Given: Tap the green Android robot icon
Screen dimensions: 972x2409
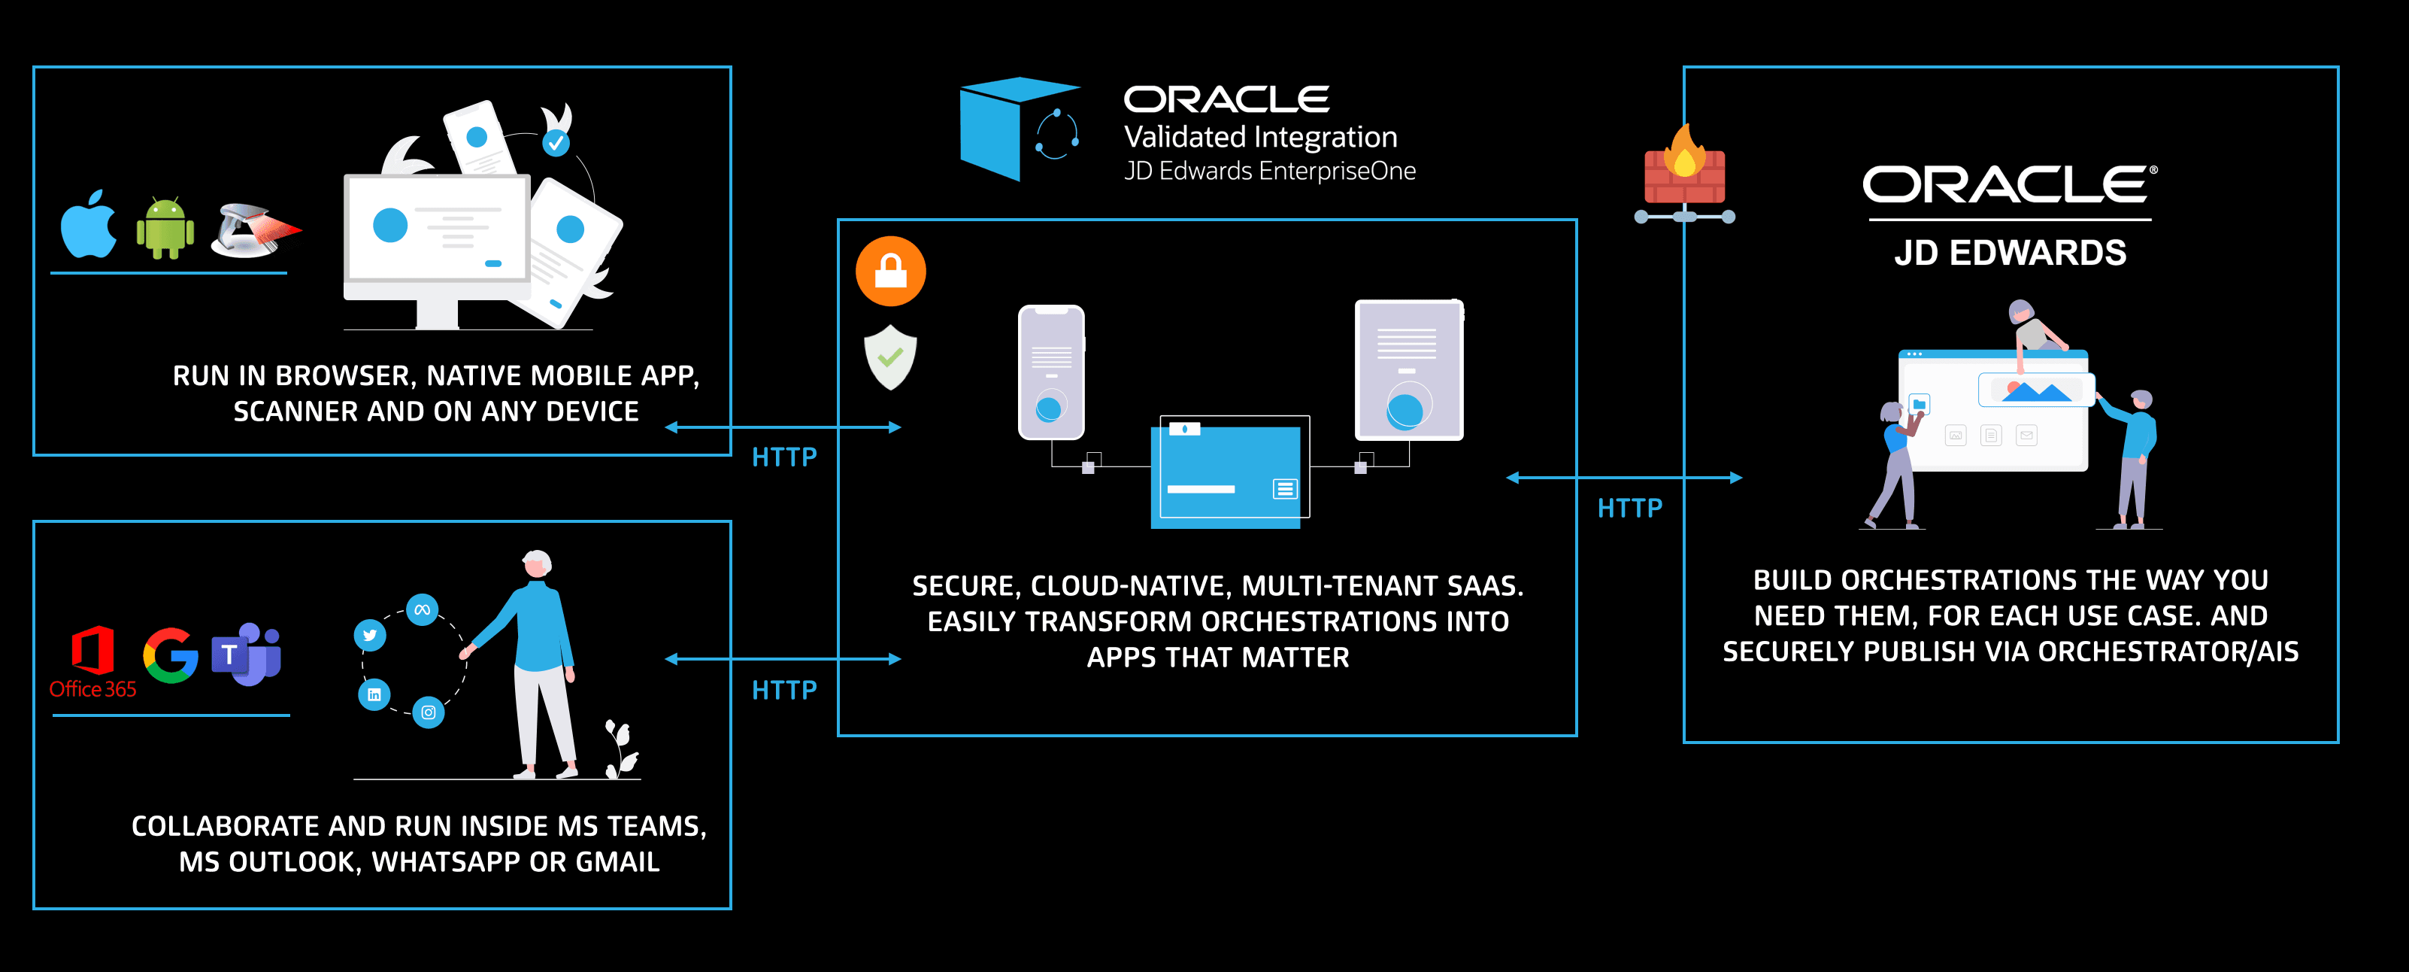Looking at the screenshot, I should coord(165,227).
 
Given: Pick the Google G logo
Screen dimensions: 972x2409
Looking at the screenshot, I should coord(170,655).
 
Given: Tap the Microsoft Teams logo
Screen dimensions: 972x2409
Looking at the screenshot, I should coord(247,654).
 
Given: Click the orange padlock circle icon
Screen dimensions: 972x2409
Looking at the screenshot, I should coord(890,272).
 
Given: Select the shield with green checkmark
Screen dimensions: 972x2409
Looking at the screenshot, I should coord(890,357).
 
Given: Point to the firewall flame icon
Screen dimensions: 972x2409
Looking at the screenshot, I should coord(1684,169).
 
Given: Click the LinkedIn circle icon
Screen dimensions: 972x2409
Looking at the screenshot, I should coord(374,694).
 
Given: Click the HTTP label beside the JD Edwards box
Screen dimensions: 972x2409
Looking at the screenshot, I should coord(1629,508).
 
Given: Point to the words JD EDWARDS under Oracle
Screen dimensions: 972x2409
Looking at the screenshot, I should coord(2010,253).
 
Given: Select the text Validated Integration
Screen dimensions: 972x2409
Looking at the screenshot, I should coord(1259,138).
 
